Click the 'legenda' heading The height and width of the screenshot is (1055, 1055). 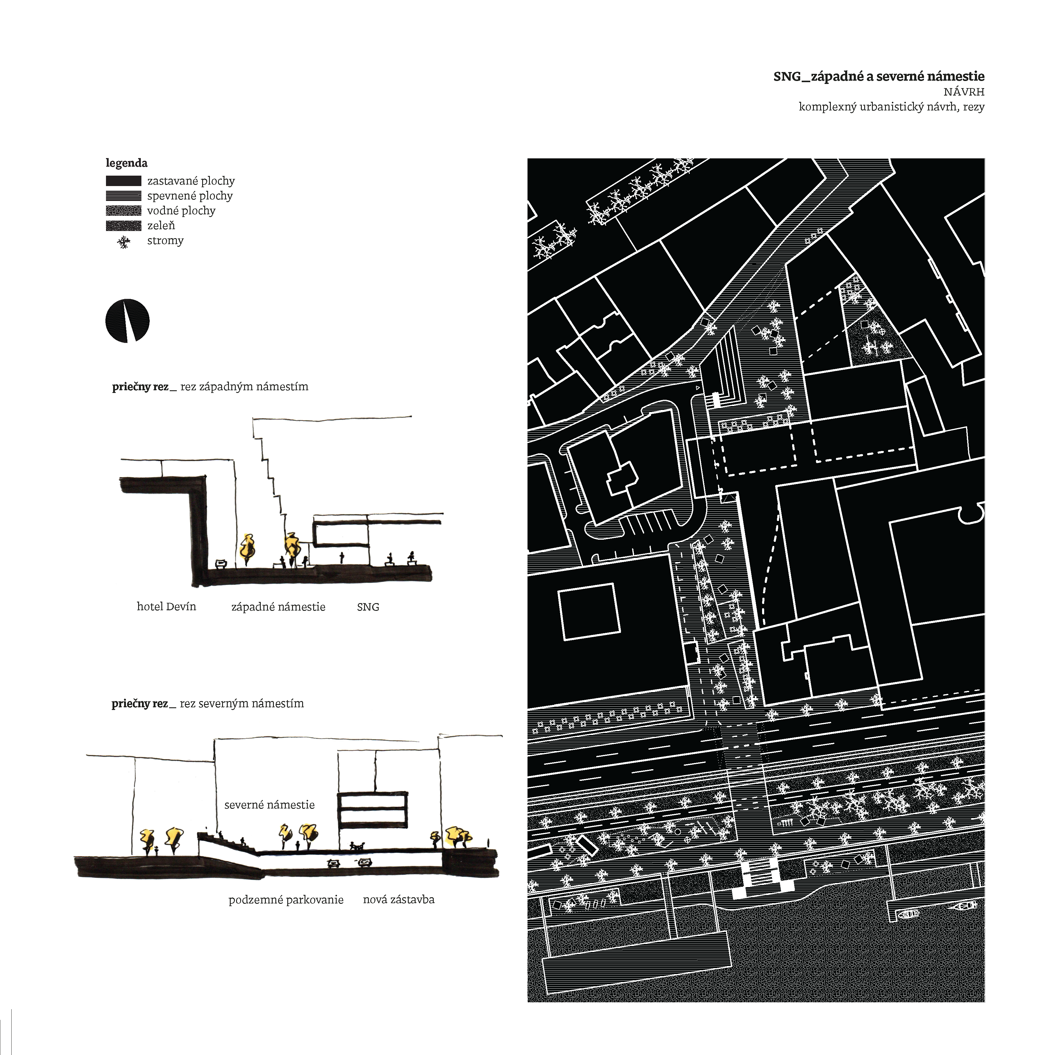click(x=127, y=163)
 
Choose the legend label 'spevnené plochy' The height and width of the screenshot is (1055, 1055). click(x=190, y=196)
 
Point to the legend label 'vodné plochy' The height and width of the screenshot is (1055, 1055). click(x=181, y=211)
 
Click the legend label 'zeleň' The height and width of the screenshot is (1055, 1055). click(x=161, y=226)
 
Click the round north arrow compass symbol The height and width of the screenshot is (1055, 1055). click(x=127, y=321)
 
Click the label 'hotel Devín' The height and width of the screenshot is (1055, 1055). click(x=166, y=607)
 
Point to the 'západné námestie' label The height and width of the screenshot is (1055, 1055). click(x=279, y=607)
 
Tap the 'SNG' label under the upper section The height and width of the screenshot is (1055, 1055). click(x=368, y=607)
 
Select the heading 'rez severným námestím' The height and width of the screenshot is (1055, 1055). click(x=242, y=704)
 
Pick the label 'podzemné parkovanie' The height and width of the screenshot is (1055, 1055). click(x=286, y=900)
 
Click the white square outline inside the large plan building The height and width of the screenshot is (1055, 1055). click(x=589, y=611)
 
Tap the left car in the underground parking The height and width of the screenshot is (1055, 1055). click(x=333, y=863)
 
